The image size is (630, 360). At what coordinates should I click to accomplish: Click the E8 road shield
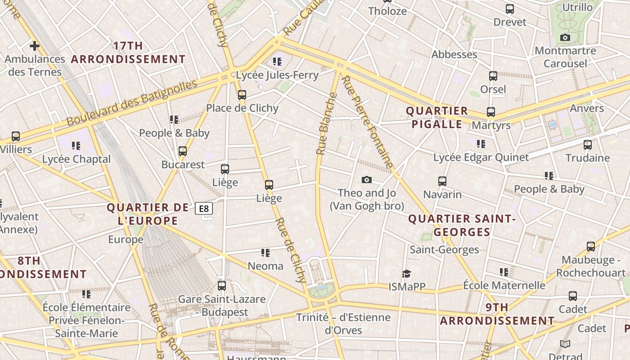pos(204,208)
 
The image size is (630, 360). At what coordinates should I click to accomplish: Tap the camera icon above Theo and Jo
pos(367,180)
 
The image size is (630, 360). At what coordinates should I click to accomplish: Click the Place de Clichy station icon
pos(242,95)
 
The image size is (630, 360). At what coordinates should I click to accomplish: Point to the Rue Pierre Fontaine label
pos(368,121)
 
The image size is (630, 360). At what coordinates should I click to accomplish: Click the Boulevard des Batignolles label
pos(132,103)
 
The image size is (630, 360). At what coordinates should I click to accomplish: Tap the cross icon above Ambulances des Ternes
pos(35,45)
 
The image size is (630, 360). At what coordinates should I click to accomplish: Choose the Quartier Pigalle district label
pos(436,117)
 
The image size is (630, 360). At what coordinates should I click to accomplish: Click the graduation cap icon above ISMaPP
pos(407,274)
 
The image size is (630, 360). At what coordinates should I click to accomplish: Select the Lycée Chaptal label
pos(76,159)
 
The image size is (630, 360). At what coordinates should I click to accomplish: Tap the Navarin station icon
pos(442,181)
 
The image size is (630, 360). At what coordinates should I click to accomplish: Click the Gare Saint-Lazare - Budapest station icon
pos(221,286)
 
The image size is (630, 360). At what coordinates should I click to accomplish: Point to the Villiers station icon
pos(16,136)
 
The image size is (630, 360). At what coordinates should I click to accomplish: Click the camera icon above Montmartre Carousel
pos(565,37)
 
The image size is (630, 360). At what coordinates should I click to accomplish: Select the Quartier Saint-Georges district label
pos(461,225)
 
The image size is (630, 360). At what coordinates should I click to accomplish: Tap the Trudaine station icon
pos(588,145)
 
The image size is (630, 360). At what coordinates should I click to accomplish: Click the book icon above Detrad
pos(565,344)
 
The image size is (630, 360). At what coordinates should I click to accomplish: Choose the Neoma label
pos(265,266)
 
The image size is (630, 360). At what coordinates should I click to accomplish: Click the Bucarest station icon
pos(183,151)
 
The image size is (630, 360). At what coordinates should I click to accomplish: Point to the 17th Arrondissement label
pos(128,53)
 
